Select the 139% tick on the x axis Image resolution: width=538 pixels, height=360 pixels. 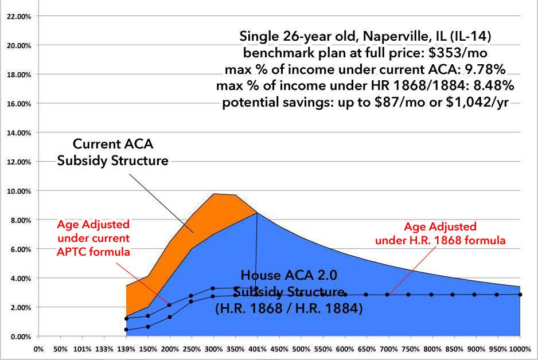point(126,348)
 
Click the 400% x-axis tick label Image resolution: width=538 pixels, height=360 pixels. point(257,348)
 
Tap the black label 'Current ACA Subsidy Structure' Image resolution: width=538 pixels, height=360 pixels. point(112,152)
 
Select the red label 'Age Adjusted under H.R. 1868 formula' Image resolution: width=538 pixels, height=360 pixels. point(440,234)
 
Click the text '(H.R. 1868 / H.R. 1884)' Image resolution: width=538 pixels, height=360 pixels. point(289,307)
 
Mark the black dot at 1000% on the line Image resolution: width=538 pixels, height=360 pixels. point(520,294)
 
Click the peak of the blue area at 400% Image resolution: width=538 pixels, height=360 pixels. point(257,213)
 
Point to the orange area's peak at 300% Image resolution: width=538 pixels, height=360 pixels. point(213,194)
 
